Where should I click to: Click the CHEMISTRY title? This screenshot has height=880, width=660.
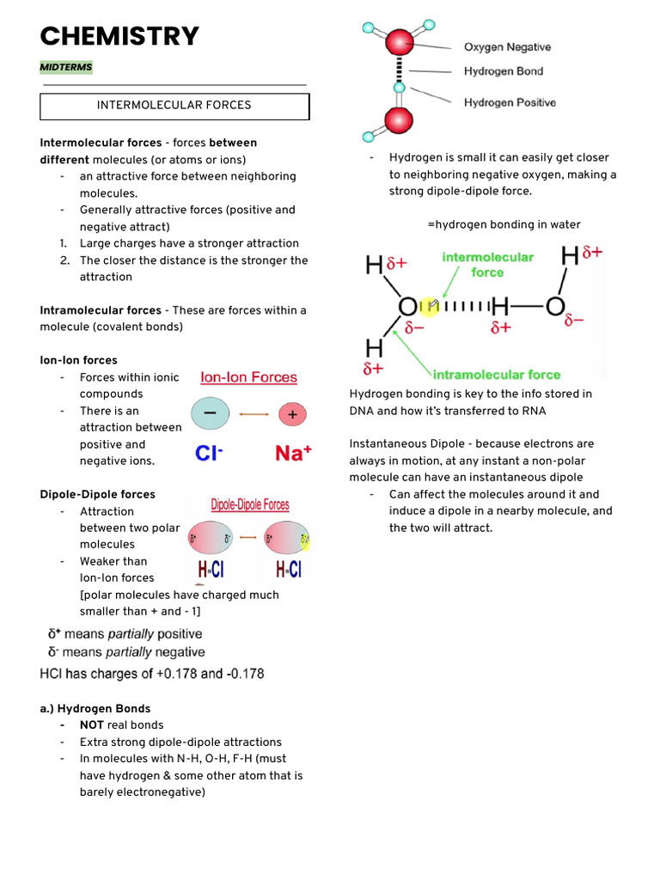coord(119,37)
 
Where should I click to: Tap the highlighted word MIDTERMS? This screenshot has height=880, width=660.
coord(66,67)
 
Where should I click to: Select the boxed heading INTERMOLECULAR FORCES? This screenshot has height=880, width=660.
coord(174,106)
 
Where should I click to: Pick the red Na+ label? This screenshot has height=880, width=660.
coord(293,453)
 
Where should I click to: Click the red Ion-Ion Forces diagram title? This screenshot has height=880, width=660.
coord(248,377)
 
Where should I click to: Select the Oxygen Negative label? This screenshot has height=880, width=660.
coord(507,47)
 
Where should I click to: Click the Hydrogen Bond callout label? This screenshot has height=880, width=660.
coord(504,71)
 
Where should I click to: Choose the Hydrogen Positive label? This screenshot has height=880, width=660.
coord(510,102)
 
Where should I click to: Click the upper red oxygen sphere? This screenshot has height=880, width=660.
coord(399,43)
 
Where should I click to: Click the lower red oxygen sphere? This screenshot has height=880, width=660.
coord(399,120)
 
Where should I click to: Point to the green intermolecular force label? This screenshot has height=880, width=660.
coord(487,264)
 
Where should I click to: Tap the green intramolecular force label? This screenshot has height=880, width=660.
coord(496,375)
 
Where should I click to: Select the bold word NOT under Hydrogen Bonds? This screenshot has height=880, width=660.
coord(92,725)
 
